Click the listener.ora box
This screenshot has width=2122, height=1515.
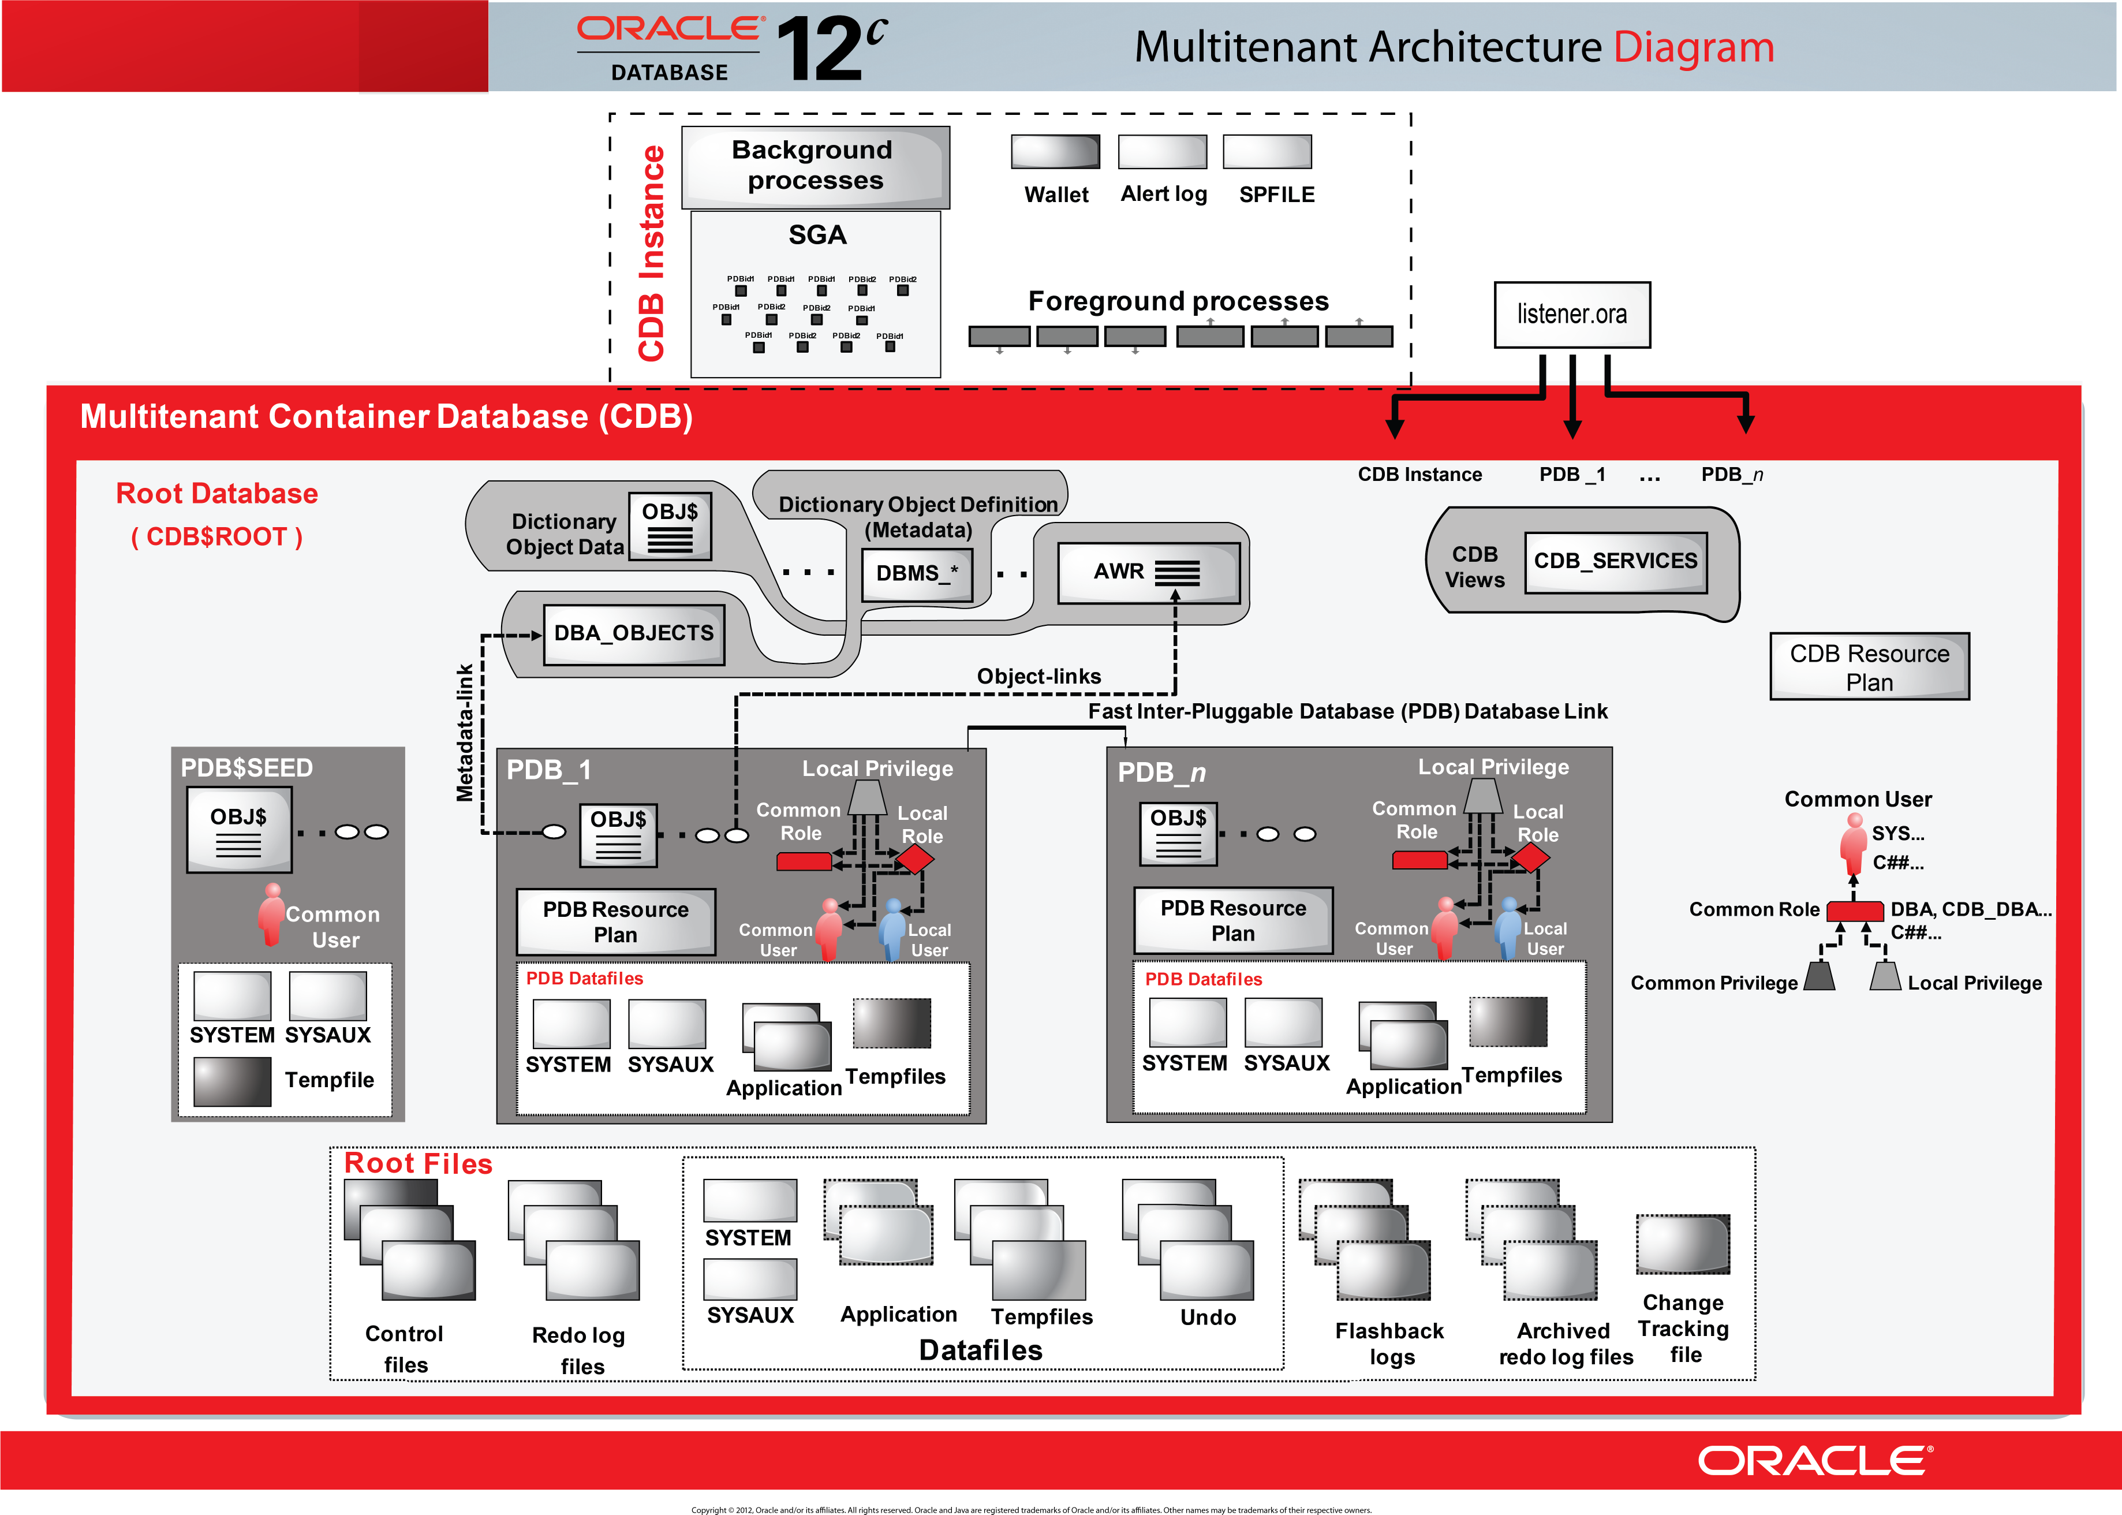pos(1572,315)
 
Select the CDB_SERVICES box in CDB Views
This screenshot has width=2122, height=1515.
pos(1616,562)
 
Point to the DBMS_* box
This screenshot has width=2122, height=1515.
pos(917,574)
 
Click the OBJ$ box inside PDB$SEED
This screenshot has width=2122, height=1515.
pos(239,829)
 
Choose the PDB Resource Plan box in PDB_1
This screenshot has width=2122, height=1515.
pos(615,921)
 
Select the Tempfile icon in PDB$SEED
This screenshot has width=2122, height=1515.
pos(232,1081)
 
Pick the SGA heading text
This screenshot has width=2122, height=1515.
pos(817,235)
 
